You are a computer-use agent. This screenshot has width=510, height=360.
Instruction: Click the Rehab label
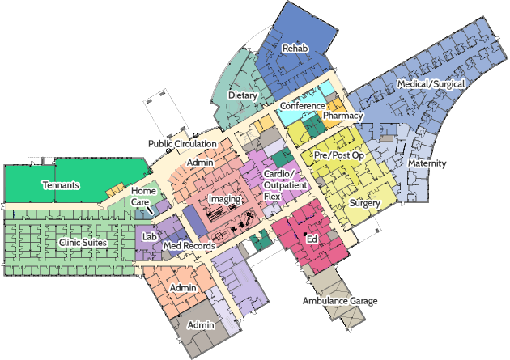[295, 49]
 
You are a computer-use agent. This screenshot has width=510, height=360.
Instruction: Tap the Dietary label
[243, 95]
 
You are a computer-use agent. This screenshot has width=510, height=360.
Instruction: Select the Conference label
[302, 106]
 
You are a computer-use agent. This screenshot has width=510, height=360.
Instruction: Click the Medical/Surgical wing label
[430, 85]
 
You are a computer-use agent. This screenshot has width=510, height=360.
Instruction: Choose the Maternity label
[427, 163]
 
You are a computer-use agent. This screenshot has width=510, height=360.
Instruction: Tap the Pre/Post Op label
[338, 154]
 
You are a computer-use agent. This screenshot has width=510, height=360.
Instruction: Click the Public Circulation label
[182, 143]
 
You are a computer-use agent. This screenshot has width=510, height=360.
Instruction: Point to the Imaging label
[224, 199]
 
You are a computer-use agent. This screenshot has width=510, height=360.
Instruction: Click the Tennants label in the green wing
[61, 185]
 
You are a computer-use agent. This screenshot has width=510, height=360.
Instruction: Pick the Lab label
[149, 237]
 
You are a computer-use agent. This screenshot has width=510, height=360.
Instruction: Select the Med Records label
[189, 245]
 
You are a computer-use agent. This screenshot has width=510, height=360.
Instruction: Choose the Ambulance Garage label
[340, 301]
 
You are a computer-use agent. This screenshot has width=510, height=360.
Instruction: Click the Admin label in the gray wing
[200, 325]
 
